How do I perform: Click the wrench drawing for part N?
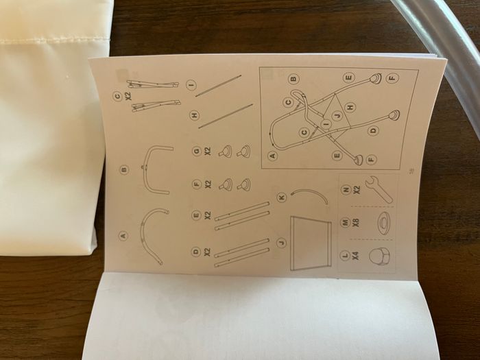click(x=379, y=189)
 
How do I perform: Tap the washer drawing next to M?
click(x=385, y=223)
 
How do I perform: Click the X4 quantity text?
click(x=355, y=255)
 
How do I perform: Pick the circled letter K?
click(x=282, y=197)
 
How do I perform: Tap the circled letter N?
click(x=346, y=190)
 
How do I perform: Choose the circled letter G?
click(x=196, y=151)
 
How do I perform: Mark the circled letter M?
click(x=346, y=223)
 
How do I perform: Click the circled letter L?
click(x=345, y=255)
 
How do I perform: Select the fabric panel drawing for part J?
click(x=310, y=243)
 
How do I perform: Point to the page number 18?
click(x=411, y=170)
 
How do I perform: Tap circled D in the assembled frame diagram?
click(x=373, y=131)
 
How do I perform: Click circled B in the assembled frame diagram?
click(x=293, y=78)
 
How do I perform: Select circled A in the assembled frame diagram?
click(x=272, y=156)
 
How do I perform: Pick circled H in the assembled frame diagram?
click(x=350, y=107)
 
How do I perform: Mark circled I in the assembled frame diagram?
click(x=326, y=124)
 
